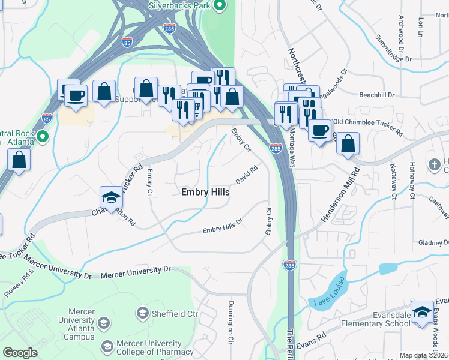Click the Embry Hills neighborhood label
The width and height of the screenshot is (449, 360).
(x=205, y=192)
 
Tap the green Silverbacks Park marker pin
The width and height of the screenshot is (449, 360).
(x=219, y=7)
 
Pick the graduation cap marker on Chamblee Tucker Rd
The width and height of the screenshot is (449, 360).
(x=111, y=197)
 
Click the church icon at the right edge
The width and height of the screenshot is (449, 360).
(x=435, y=164)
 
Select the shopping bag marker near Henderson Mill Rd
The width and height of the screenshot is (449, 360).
(x=348, y=143)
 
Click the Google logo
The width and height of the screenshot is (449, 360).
(x=20, y=353)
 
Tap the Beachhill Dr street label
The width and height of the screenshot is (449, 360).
(x=376, y=95)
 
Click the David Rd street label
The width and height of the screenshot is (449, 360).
(x=246, y=175)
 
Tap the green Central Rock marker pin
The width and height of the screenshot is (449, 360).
(x=42, y=137)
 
